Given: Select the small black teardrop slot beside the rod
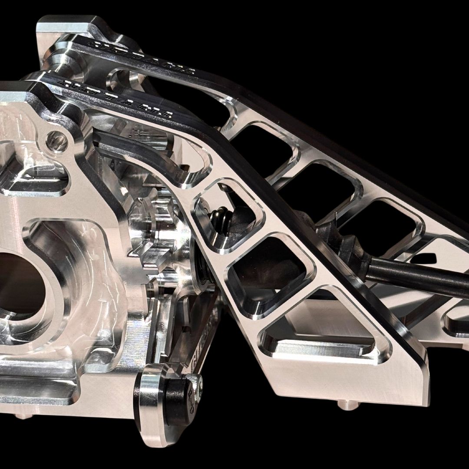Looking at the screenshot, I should [423, 258].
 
